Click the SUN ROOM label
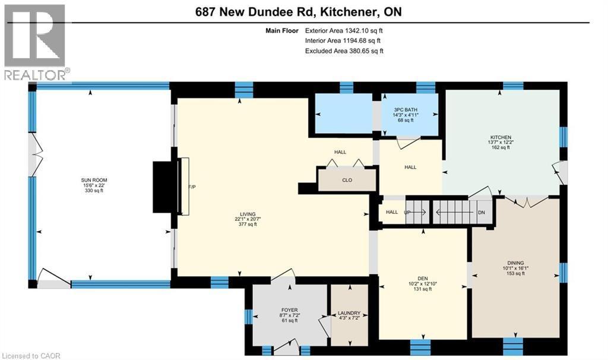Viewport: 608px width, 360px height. tap(94, 180)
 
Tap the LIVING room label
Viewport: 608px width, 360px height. tap(248, 214)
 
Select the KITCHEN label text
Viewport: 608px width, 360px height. tap(501, 137)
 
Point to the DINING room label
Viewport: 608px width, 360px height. tap(515, 263)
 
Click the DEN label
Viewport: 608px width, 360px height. tap(423, 278)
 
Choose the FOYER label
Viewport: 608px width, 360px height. tap(290, 310)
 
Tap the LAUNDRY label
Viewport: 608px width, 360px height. tap(349, 313)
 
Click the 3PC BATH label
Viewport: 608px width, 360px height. tap(406, 110)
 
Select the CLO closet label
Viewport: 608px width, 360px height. tap(347, 180)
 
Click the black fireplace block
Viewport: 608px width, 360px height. tap(165, 187)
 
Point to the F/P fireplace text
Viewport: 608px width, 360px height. tap(192, 187)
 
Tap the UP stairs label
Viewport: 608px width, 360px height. tap(407, 212)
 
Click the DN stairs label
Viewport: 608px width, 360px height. tap(481, 213)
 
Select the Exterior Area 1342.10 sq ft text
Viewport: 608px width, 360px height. tap(344, 31)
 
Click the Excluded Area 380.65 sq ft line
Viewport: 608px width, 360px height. tap(344, 51)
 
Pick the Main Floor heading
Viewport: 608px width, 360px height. tap(282, 31)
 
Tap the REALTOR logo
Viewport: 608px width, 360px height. tap(36, 42)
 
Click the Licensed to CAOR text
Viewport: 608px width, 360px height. tap(31, 356)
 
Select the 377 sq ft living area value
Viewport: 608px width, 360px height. tap(248, 224)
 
